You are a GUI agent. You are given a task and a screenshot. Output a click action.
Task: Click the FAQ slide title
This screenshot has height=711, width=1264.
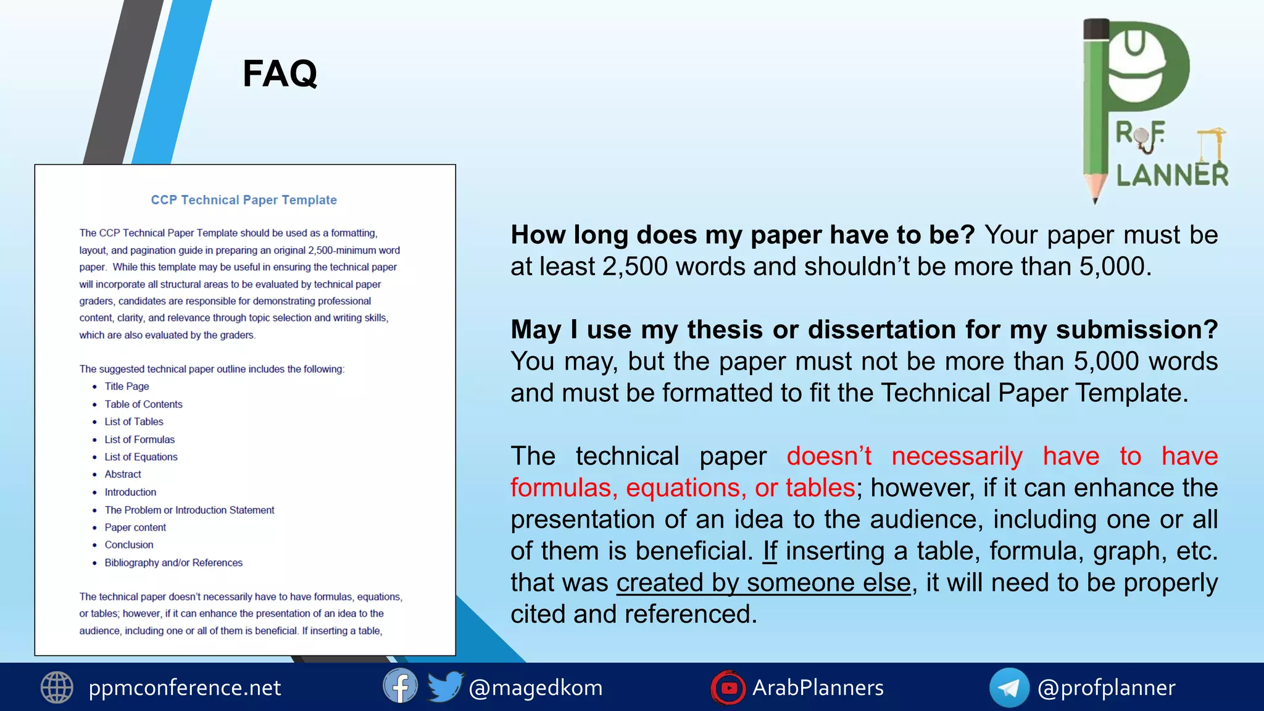(x=280, y=74)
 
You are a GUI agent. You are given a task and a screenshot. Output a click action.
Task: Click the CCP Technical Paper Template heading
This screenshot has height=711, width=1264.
(x=244, y=200)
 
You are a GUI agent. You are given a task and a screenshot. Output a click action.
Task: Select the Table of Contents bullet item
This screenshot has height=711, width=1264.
(x=143, y=404)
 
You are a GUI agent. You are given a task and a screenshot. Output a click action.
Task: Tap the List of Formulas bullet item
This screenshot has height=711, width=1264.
(x=139, y=439)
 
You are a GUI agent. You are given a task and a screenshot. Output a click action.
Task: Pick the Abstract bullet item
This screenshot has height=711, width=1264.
(x=123, y=474)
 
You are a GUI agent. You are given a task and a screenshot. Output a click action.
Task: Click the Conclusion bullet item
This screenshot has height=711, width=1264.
(x=129, y=544)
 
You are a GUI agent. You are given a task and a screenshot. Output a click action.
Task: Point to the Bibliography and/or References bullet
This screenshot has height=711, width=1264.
(x=173, y=562)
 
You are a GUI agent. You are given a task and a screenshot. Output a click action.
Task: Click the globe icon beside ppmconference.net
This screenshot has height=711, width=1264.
(x=57, y=688)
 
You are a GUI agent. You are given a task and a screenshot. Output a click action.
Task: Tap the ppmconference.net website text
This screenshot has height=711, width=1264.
(x=185, y=688)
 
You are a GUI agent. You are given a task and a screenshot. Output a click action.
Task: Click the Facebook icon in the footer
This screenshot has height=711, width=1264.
(x=400, y=686)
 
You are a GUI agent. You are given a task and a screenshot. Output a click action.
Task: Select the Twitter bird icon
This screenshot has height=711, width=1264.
(x=445, y=686)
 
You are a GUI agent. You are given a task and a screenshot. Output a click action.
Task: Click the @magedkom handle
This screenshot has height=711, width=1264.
(x=536, y=688)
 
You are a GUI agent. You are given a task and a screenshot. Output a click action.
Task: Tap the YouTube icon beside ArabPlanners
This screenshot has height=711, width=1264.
(x=728, y=688)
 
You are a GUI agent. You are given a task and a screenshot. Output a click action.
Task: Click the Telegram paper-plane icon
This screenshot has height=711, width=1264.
(x=1009, y=688)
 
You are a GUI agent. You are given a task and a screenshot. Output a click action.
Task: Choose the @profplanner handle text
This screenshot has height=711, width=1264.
(x=1106, y=688)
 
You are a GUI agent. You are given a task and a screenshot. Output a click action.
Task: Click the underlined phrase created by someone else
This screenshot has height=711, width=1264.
(x=763, y=583)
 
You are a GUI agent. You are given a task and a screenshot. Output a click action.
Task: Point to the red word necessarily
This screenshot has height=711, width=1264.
(x=957, y=456)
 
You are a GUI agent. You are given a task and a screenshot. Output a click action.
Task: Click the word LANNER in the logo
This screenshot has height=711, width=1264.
(x=1172, y=175)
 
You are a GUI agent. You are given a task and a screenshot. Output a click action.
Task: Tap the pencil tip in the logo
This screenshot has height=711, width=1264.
(x=1096, y=196)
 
